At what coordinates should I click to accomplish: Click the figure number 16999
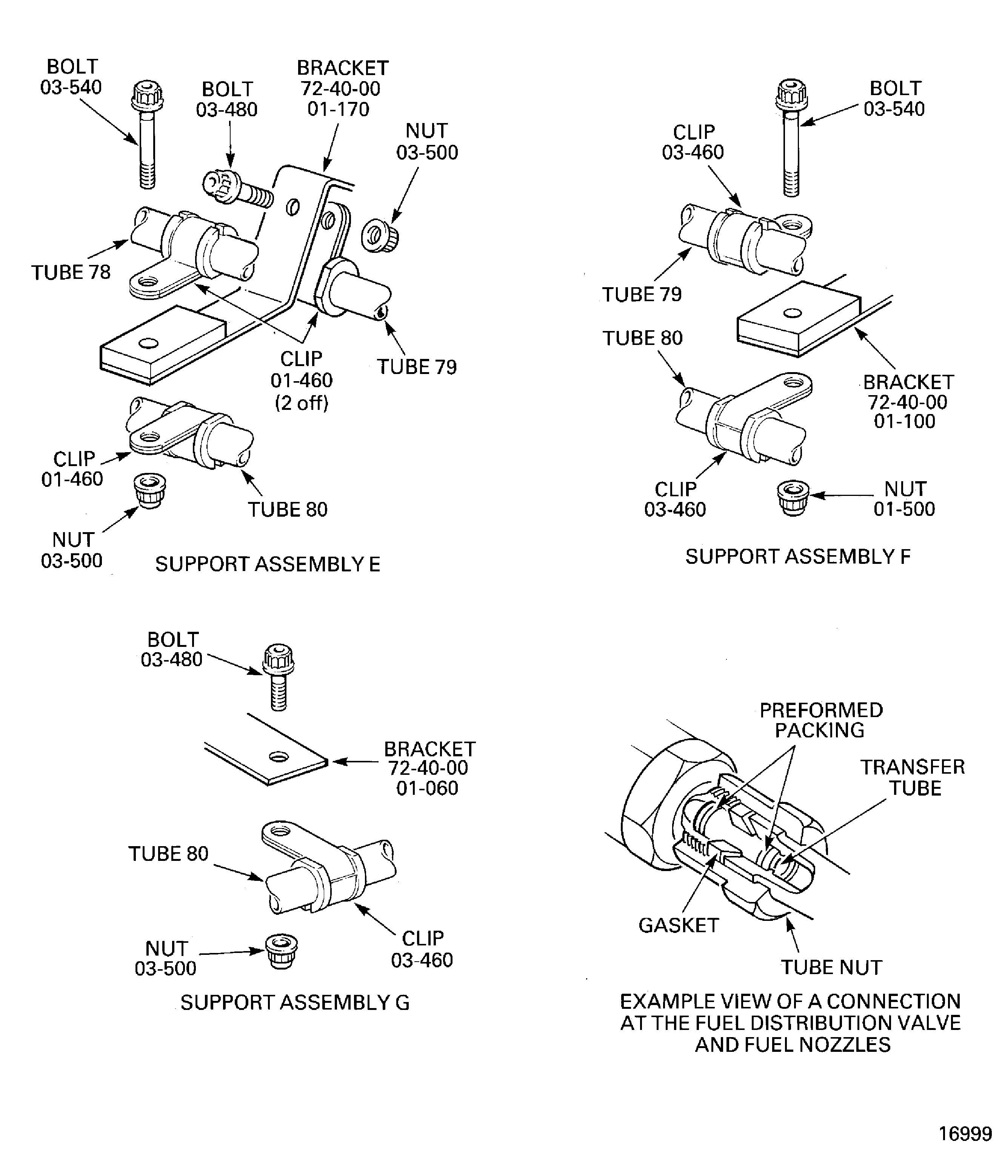point(965,1134)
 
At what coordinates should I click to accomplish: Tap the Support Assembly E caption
point(268,564)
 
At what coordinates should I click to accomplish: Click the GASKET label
point(678,925)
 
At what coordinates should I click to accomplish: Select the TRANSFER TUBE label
point(913,777)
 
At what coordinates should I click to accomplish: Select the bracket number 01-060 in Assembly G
point(427,788)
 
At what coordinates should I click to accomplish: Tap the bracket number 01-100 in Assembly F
point(904,421)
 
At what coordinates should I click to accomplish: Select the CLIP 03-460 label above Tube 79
point(693,142)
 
